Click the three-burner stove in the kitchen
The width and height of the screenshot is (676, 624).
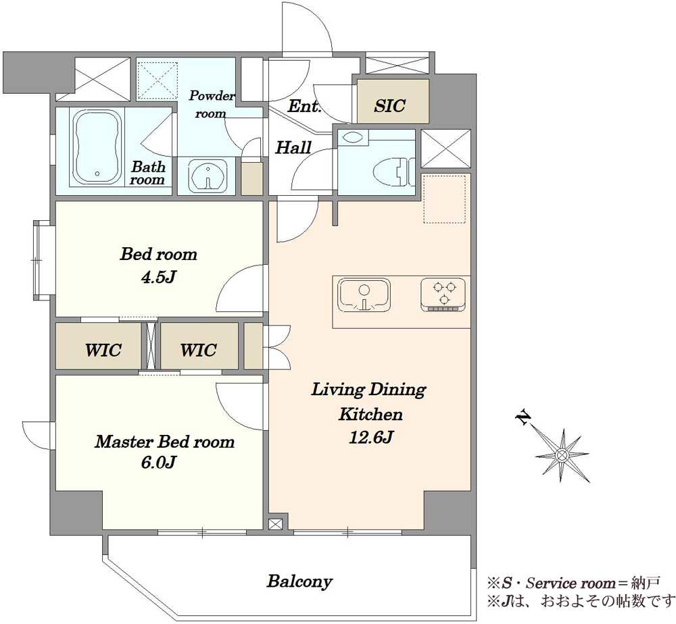(443, 294)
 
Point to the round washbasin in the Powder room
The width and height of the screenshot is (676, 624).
(208, 175)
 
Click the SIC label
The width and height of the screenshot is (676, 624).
(389, 106)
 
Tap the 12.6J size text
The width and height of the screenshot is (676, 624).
(370, 438)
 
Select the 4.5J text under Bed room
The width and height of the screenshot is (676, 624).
(158, 277)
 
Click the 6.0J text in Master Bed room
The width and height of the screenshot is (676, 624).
(158, 463)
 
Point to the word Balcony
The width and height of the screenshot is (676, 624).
(299, 581)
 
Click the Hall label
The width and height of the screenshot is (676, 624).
(293, 148)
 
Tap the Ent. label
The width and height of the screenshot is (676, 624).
(304, 106)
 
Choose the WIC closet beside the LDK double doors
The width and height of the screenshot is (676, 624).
(198, 350)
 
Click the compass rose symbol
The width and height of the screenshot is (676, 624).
(562, 454)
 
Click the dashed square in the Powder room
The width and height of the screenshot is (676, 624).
(158, 80)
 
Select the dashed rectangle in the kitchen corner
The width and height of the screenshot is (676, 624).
(445, 199)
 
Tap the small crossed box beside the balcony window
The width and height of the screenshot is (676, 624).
(275, 524)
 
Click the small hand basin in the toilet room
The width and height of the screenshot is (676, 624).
(353, 138)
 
